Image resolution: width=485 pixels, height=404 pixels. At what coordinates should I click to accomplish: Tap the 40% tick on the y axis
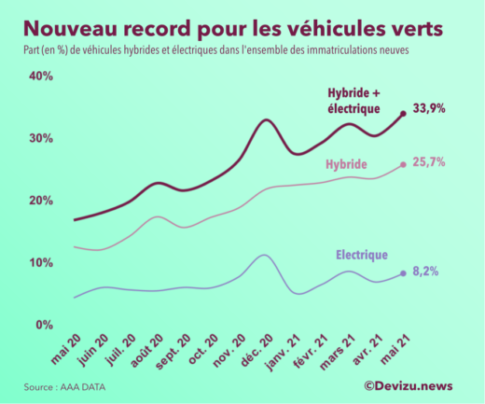click(41, 76)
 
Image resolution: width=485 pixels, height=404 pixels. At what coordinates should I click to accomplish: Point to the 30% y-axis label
click(41, 138)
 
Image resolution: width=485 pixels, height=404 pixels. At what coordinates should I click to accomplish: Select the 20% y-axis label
click(41, 201)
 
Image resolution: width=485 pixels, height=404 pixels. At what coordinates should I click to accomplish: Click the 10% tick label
click(41, 263)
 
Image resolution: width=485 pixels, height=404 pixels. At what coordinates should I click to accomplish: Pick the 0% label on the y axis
click(44, 325)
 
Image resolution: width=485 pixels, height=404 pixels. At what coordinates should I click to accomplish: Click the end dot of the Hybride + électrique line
click(403, 114)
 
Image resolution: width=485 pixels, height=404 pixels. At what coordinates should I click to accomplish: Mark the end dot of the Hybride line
click(403, 164)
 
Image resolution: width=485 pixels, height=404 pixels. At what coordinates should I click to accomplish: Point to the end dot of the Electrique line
click(403, 273)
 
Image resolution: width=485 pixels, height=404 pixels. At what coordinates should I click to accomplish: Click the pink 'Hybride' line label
click(346, 165)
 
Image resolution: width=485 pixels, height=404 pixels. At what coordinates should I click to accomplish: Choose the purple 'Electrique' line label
click(361, 255)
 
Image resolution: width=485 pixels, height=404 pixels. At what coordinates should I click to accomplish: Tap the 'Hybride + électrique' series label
click(354, 101)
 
